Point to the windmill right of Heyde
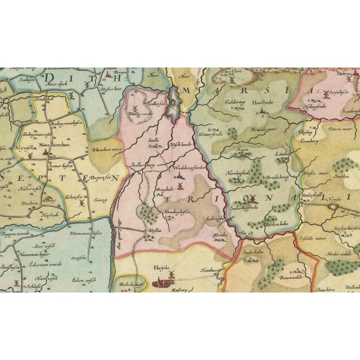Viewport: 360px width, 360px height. click(172, 273)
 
